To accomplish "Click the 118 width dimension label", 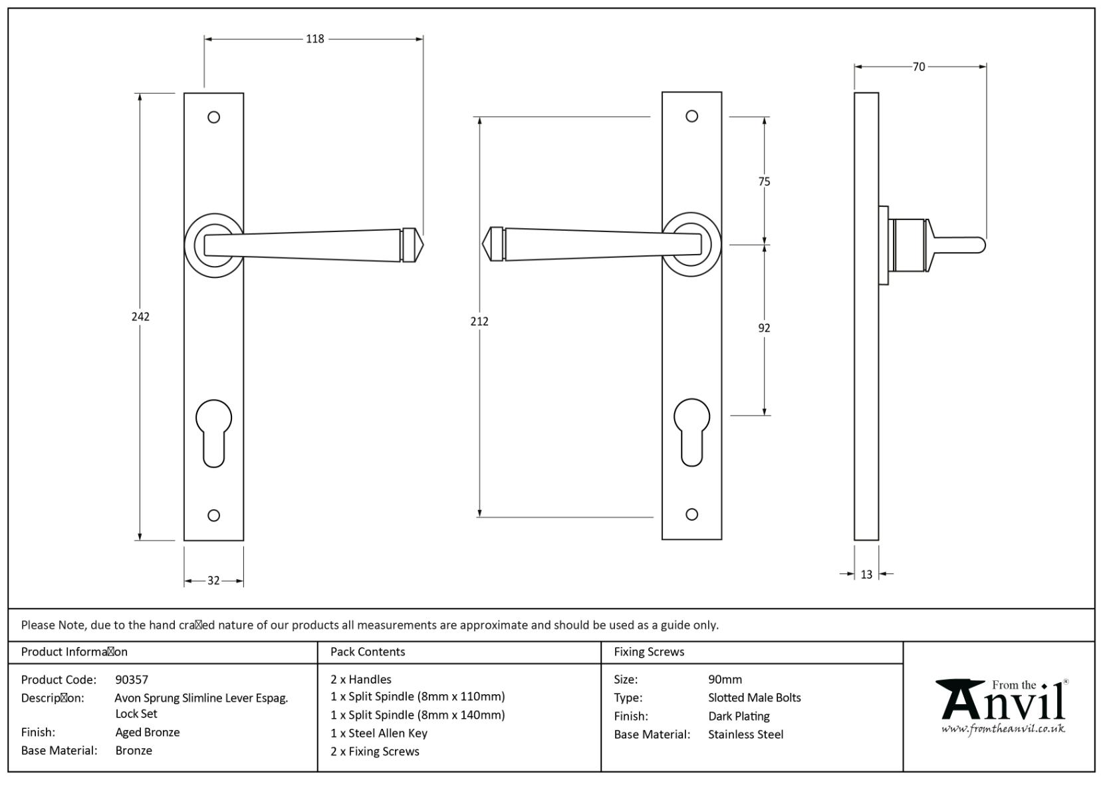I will point(314,39).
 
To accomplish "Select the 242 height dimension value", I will point(140,317).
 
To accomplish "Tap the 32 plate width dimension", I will point(213,581).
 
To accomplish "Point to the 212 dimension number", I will point(479,321).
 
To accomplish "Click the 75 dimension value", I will point(764,182).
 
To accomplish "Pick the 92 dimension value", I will point(764,328).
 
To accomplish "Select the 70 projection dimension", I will point(918,66).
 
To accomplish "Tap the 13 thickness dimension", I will point(866,575).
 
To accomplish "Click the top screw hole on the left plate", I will point(213,117).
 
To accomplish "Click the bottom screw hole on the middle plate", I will point(691,514).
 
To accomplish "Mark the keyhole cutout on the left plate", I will point(214,432).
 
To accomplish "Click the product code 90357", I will point(132,680).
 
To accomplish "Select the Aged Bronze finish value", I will point(147,732).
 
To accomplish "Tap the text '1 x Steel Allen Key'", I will point(378,733).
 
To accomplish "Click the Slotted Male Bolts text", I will point(754,698).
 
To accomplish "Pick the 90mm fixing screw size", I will point(725,680).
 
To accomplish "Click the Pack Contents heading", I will point(367,652).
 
